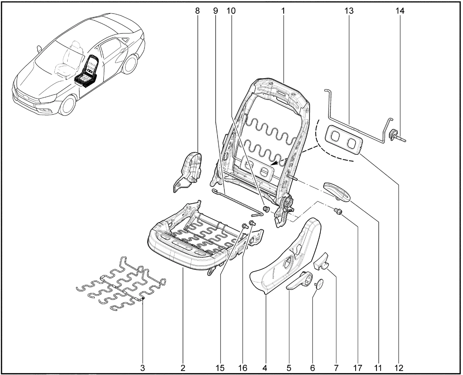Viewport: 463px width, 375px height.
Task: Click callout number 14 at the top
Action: [x=400, y=11]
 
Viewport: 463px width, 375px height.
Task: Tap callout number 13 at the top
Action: [x=349, y=11]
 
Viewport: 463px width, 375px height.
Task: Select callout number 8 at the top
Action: [x=197, y=11]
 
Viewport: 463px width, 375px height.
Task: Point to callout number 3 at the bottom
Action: [x=143, y=368]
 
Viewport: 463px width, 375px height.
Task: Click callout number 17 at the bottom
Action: [x=358, y=368]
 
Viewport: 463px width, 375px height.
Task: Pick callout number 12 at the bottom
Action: [x=399, y=368]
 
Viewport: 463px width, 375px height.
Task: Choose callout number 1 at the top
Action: [x=283, y=11]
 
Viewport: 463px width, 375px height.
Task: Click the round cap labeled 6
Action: [x=319, y=284]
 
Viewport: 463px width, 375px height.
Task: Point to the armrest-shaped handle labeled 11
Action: [x=337, y=191]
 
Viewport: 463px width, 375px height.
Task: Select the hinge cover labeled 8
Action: [x=189, y=172]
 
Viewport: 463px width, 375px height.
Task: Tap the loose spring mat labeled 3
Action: [x=121, y=284]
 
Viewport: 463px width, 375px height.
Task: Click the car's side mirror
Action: [x=39, y=49]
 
